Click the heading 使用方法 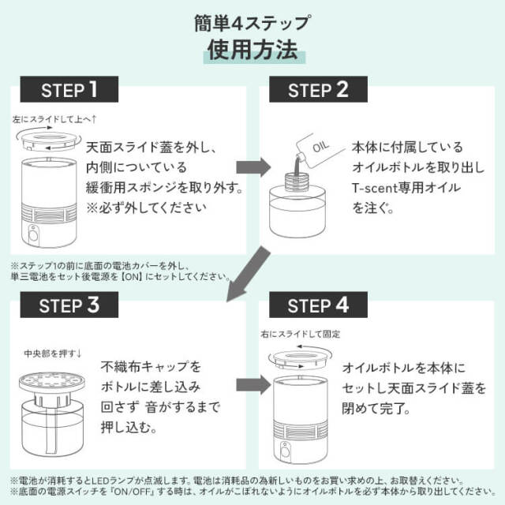coord(252,50)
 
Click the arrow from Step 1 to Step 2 coord(252,167)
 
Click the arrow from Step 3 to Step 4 coord(252,384)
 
